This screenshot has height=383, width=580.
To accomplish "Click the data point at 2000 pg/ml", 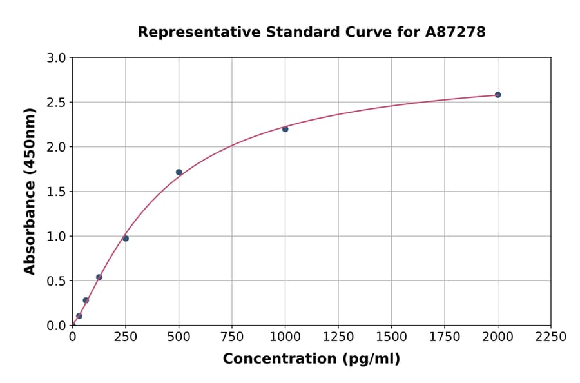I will tap(498, 95).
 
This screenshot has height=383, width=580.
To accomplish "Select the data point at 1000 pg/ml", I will tap(285, 129).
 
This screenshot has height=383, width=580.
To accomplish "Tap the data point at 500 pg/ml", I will tap(179, 172).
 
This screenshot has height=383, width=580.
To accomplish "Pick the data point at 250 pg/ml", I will tap(126, 239).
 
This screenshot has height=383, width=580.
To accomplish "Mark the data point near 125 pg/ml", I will tap(99, 277).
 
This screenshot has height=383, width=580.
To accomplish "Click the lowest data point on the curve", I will tap(79, 316).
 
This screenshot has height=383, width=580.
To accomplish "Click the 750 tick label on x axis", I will tap(232, 337).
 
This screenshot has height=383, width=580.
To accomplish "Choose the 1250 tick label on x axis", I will tap(338, 337).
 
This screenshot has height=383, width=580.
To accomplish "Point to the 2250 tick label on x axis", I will tap(551, 337).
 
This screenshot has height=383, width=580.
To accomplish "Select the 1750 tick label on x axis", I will tap(445, 337).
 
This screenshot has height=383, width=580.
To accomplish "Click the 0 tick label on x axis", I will tap(72, 337).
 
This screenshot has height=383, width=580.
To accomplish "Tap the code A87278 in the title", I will tap(456, 32).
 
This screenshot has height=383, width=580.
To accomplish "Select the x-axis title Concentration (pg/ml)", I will tap(311, 359).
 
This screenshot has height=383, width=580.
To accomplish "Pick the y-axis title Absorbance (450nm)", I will tap(30, 191).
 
